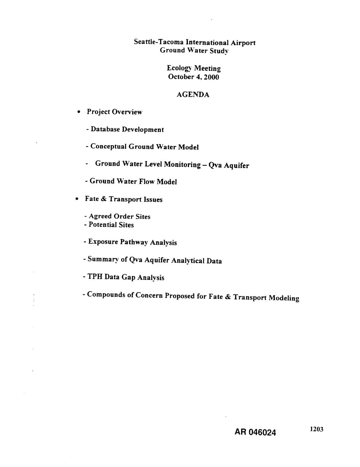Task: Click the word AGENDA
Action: coord(193,95)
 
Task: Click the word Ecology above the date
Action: coord(179,68)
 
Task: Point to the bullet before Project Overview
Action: coord(78,112)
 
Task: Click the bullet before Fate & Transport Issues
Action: coord(77,199)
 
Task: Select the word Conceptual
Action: coord(109,146)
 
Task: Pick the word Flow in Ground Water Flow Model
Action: coord(147,182)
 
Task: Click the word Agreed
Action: coord(100,216)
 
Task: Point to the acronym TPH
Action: coord(95,277)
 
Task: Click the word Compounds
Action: coord(106,294)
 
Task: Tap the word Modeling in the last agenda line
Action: coord(284,297)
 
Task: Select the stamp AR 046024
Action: coord(255,432)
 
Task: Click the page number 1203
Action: coord(316,430)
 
